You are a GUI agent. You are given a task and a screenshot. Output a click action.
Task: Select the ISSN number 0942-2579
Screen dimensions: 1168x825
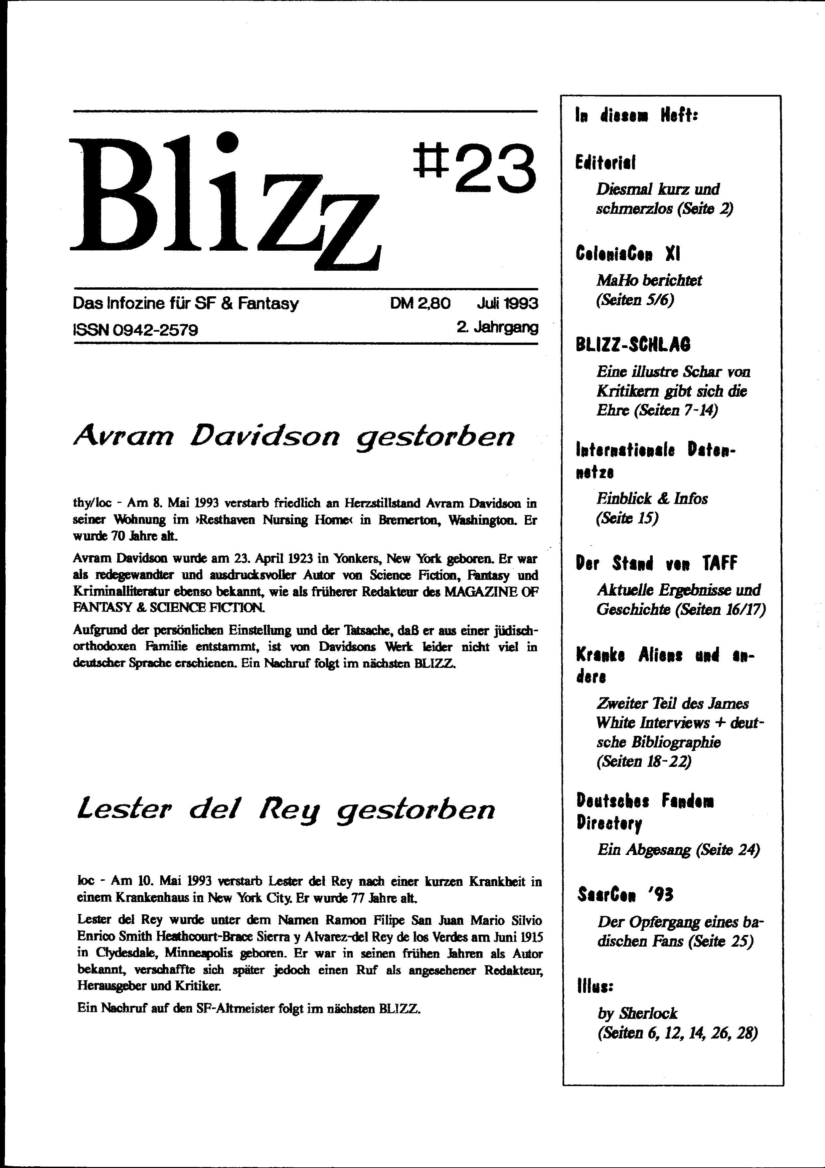tap(136, 330)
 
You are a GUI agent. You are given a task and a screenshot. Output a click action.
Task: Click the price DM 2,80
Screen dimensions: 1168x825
tap(420, 304)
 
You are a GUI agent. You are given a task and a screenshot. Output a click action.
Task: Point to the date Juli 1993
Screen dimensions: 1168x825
tap(507, 304)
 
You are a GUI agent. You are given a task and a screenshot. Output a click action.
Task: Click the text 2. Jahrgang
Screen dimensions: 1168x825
tap(497, 327)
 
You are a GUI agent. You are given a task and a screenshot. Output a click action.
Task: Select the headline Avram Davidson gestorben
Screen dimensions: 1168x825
tap(294, 437)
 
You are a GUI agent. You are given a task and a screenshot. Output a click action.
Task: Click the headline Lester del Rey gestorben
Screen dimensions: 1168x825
tap(286, 809)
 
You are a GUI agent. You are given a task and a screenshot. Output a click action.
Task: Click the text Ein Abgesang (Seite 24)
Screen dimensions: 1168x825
tap(678, 850)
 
